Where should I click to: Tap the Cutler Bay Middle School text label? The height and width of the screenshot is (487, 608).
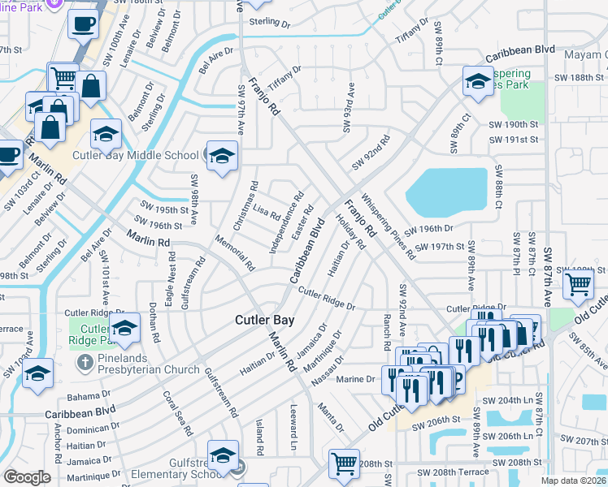tap(151, 155)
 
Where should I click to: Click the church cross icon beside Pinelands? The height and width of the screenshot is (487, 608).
tap(84, 360)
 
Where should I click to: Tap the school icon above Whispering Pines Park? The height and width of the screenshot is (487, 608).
tap(477, 80)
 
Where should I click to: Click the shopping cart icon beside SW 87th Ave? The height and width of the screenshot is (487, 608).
tap(578, 285)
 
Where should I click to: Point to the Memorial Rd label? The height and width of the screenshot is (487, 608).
tap(235, 252)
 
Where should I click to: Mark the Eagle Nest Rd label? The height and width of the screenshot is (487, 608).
tap(170, 278)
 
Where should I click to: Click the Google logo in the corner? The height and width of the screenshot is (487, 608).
tap(27, 477)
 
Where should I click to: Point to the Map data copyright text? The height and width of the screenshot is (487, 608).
tap(573, 481)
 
